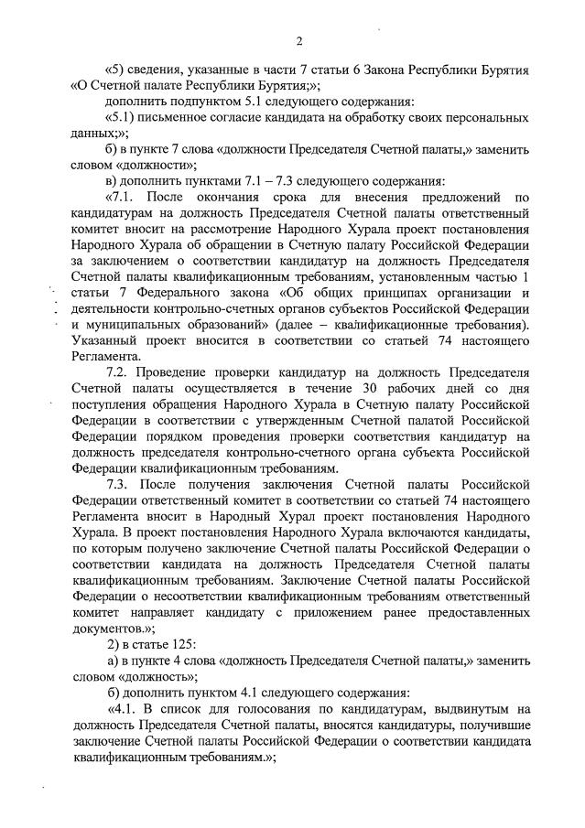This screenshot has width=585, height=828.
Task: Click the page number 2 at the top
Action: (299, 41)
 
